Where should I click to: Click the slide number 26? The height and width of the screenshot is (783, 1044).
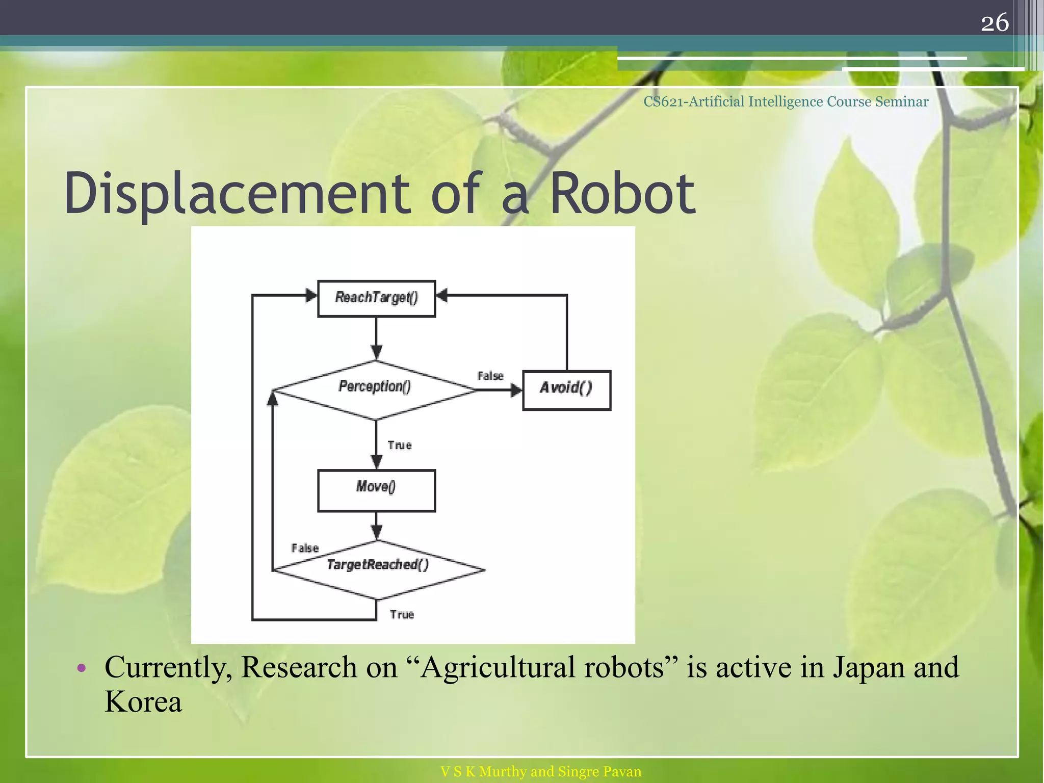coord(995,22)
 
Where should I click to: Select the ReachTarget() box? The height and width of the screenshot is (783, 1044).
coord(376,298)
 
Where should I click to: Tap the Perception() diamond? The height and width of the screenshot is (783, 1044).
coord(375,389)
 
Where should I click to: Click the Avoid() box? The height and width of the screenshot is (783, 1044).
coord(566,390)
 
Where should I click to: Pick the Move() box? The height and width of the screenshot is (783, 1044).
coord(376,490)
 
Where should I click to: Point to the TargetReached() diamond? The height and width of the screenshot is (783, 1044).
coord(378,569)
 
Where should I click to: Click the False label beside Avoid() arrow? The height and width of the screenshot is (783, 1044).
coord(490,376)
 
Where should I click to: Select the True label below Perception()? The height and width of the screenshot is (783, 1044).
coord(399,446)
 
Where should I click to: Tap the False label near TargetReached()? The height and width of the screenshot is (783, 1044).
coord(305,549)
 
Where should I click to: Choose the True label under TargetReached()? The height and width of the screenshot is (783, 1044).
coord(402,615)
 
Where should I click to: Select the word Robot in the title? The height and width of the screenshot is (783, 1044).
coord(622,194)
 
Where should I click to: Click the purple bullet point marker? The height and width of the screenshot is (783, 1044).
coord(82,668)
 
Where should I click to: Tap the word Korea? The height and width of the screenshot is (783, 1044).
coord(143,702)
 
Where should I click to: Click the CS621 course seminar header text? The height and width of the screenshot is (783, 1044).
coord(786,102)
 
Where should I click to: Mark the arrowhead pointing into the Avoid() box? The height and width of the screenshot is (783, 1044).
coord(516,390)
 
